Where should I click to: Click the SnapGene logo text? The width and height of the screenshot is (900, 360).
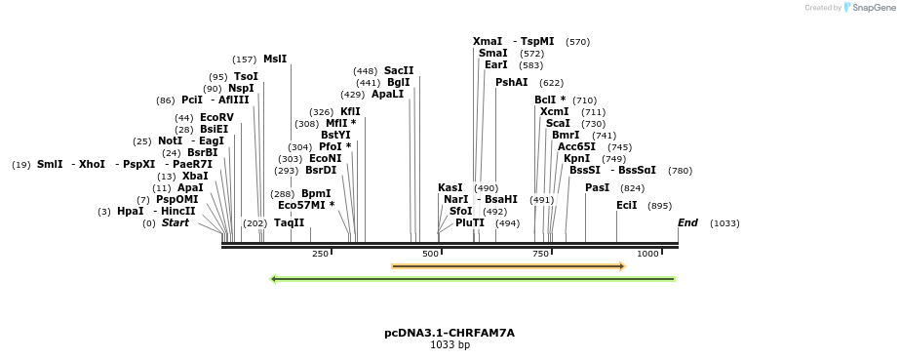pyautogui.click(x=870, y=7)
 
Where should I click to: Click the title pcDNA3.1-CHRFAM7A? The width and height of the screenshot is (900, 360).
pyautogui.click(x=449, y=333)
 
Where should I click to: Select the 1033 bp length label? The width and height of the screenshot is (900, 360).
pyautogui.click(x=449, y=345)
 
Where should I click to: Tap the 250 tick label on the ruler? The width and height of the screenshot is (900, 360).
pyautogui.click(x=320, y=254)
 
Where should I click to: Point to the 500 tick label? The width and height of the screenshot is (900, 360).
pyautogui.click(x=430, y=254)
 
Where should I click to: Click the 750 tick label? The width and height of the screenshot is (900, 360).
pyautogui.click(x=540, y=254)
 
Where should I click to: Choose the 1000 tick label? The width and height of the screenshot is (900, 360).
pyautogui.click(x=647, y=254)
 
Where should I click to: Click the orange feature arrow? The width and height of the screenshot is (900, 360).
pyautogui.click(x=508, y=265)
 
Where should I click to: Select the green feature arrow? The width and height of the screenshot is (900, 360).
pyautogui.click(x=473, y=279)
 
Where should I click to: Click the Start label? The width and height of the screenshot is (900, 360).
pyautogui.click(x=176, y=223)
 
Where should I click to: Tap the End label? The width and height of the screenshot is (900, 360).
pyautogui.click(x=687, y=223)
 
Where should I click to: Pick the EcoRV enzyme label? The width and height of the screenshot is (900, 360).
pyautogui.click(x=216, y=118)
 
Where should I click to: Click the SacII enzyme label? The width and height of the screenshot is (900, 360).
pyautogui.click(x=399, y=71)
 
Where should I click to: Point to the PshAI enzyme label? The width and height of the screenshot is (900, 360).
pyautogui.click(x=511, y=83)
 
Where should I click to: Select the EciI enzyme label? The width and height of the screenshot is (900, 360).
pyautogui.click(x=626, y=206)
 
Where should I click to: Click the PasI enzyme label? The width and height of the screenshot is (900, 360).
pyautogui.click(x=597, y=188)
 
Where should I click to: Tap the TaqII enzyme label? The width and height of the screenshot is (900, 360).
pyautogui.click(x=289, y=223)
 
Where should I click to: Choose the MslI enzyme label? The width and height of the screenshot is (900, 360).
pyautogui.click(x=275, y=60)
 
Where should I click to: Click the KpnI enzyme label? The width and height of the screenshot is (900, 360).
pyautogui.click(x=576, y=159)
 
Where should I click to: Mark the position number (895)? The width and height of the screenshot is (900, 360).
pyautogui.click(x=659, y=206)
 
